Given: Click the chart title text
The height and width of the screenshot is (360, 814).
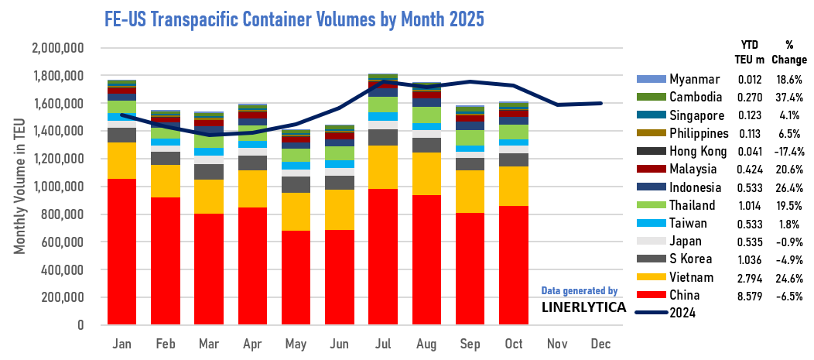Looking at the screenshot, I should click(294, 19).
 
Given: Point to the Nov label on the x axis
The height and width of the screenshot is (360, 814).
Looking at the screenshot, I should click(556, 343).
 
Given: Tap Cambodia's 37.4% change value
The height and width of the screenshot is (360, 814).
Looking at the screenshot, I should click(789, 98).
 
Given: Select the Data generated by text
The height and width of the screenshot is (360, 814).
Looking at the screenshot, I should click(579, 291).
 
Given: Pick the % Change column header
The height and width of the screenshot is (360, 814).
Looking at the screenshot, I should click(789, 51).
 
